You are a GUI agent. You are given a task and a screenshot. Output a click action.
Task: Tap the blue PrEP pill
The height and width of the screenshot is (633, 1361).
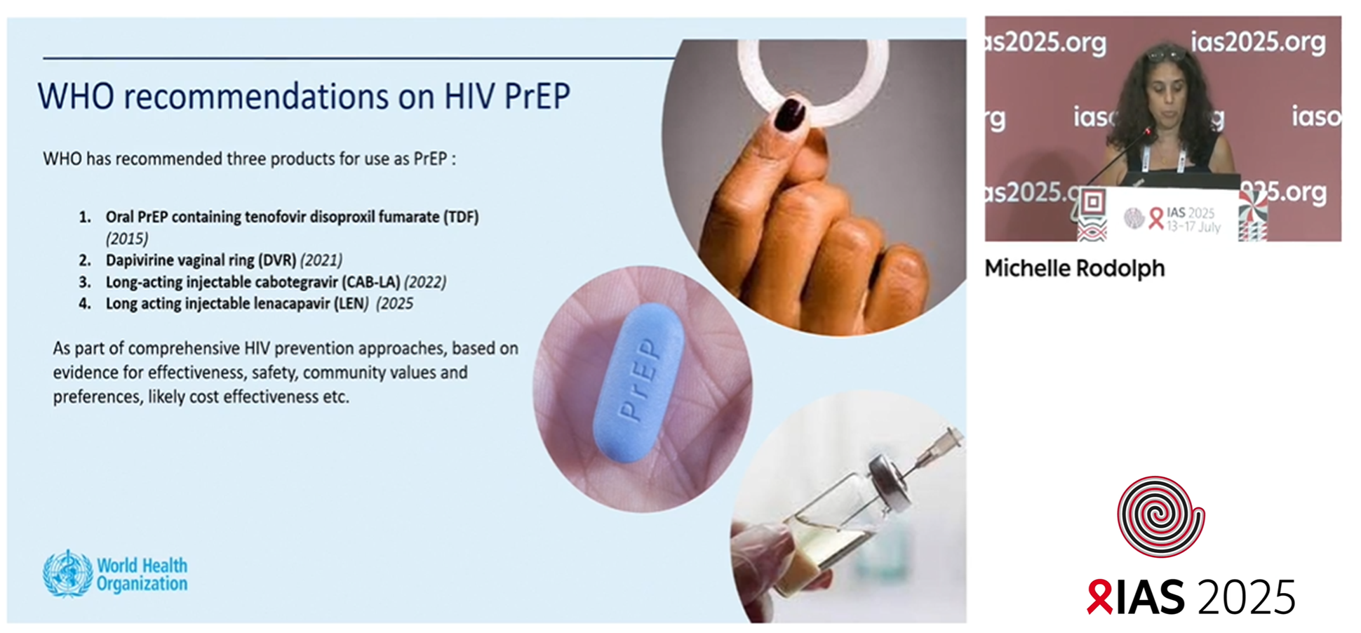[638, 382]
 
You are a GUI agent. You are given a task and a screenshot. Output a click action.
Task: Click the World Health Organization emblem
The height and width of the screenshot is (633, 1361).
[67, 573]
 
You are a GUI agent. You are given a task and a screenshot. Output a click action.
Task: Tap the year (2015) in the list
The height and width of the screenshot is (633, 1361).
[127, 239]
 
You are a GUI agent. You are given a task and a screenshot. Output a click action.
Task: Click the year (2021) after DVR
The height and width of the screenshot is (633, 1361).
[321, 260]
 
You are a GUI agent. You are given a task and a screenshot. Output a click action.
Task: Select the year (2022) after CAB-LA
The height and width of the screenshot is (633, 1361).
[425, 282]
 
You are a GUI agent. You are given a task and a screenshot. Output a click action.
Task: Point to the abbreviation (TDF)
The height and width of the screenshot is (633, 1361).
[460, 217]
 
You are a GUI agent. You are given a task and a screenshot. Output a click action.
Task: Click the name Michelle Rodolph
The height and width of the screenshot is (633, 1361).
[1074, 268]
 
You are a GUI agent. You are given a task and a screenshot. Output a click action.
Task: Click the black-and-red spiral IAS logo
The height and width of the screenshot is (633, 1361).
[1161, 517]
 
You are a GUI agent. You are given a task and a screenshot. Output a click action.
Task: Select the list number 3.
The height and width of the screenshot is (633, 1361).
[85, 282]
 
